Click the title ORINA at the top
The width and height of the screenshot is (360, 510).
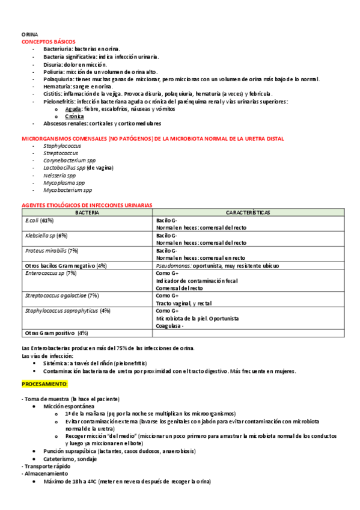coord(29,35)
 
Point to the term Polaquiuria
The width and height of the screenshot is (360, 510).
coord(59,79)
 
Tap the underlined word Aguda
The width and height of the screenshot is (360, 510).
coord(73,109)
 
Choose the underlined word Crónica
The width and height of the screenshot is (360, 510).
coord(75,116)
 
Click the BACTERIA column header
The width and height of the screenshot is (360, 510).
coord(88,212)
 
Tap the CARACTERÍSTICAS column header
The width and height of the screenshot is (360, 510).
coord(248,212)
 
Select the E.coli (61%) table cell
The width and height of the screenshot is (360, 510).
coord(40,220)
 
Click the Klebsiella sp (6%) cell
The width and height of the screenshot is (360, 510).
coord(46,235)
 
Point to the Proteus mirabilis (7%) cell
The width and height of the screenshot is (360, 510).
coord(52,250)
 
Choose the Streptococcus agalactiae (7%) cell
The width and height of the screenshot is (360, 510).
coord(62,295)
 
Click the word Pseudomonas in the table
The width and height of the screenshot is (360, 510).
coord(174,265)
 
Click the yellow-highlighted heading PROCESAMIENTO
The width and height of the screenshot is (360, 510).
coord(45,383)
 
